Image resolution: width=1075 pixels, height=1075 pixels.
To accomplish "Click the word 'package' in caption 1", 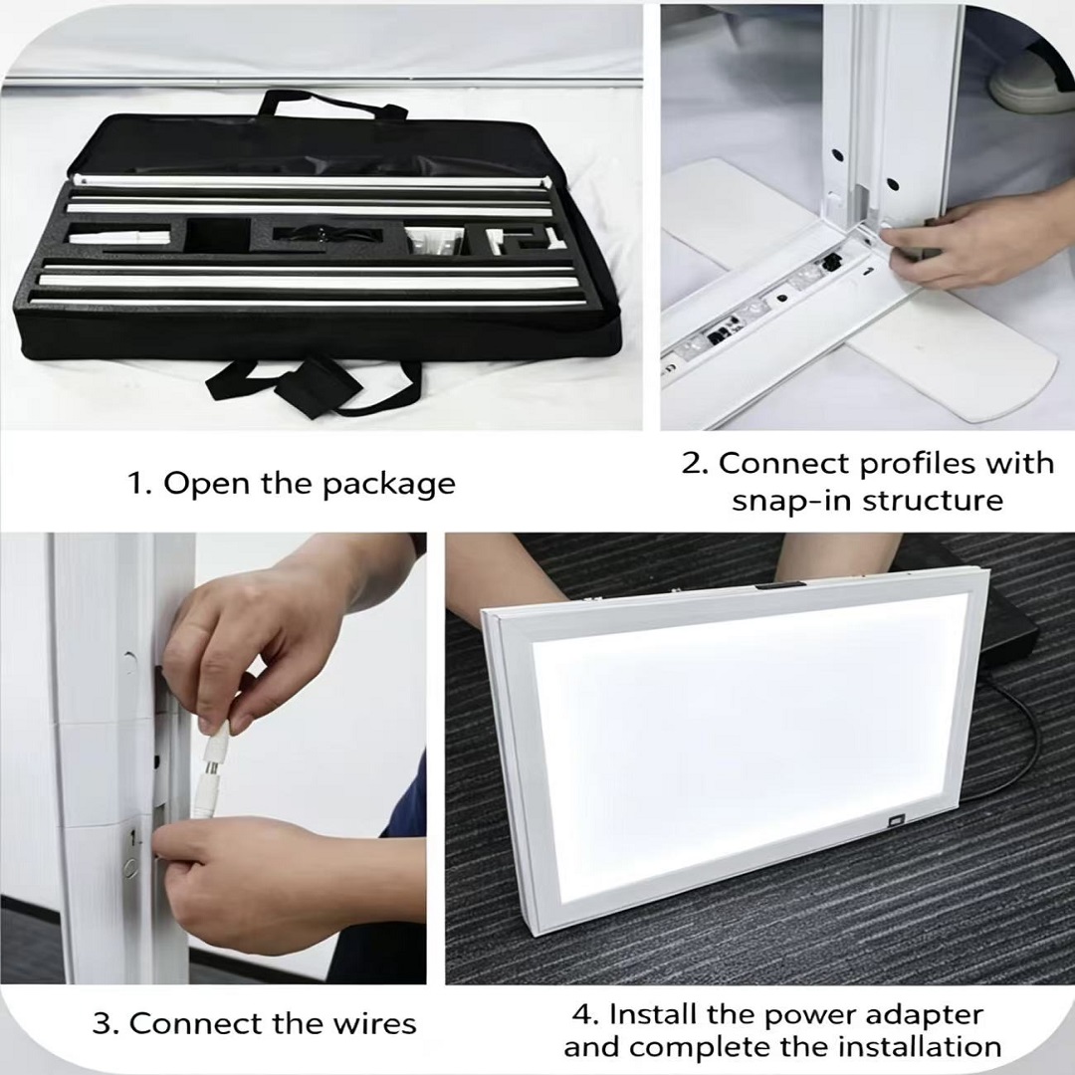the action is (x=389, y=485).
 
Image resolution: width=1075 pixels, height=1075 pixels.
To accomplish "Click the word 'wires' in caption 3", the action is (x=375, y=1023).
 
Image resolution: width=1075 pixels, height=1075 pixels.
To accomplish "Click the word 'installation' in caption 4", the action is (x=920, y=1047).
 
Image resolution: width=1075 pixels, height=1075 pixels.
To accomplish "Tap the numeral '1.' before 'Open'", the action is (x=139, y=483).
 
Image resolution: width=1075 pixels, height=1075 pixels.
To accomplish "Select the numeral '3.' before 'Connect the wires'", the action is (x=106, y=1023).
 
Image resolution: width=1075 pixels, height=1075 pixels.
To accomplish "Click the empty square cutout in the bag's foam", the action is (x=219, y=235).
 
